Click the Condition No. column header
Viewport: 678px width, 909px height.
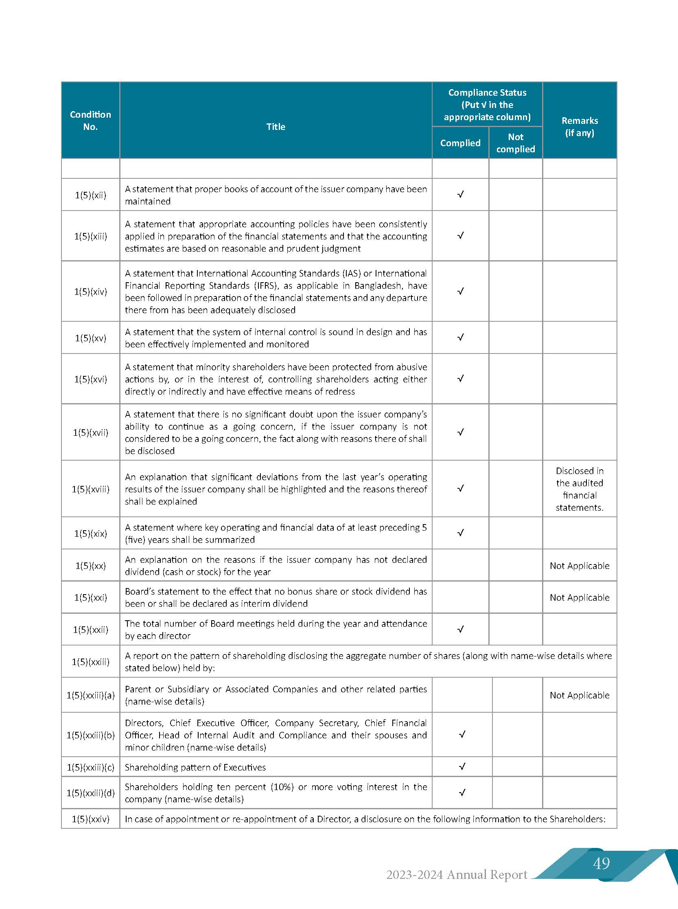coord(90,121)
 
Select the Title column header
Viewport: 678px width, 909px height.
coord(276,127)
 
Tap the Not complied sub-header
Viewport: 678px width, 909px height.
coord(516,143)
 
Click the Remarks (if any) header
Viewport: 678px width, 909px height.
coord(580,127)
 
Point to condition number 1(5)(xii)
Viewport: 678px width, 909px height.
coord(90,195)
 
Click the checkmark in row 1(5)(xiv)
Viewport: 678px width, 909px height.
coord(461,291)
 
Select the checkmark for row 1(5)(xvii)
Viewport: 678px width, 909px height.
coord(461,432)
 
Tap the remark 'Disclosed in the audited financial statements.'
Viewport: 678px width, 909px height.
coord(580,489)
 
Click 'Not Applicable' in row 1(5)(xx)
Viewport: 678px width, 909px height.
coord(580,566)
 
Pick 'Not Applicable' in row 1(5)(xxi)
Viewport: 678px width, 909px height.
coord(580,597)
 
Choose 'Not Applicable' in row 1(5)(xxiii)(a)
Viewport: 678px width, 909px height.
coord(580,696)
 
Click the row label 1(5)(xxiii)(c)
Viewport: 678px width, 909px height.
coord(90,767)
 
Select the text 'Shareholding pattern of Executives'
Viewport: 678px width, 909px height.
coord(195,767)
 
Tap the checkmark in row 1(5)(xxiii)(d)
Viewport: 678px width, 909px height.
coord(462,793)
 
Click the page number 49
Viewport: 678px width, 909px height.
coord(601,863)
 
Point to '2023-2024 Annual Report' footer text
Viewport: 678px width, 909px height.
coord(456,874)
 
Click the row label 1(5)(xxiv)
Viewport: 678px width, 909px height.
coord(90,819)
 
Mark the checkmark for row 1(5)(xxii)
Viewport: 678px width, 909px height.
coord(461,629)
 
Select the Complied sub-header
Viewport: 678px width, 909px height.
coord(460,143)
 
